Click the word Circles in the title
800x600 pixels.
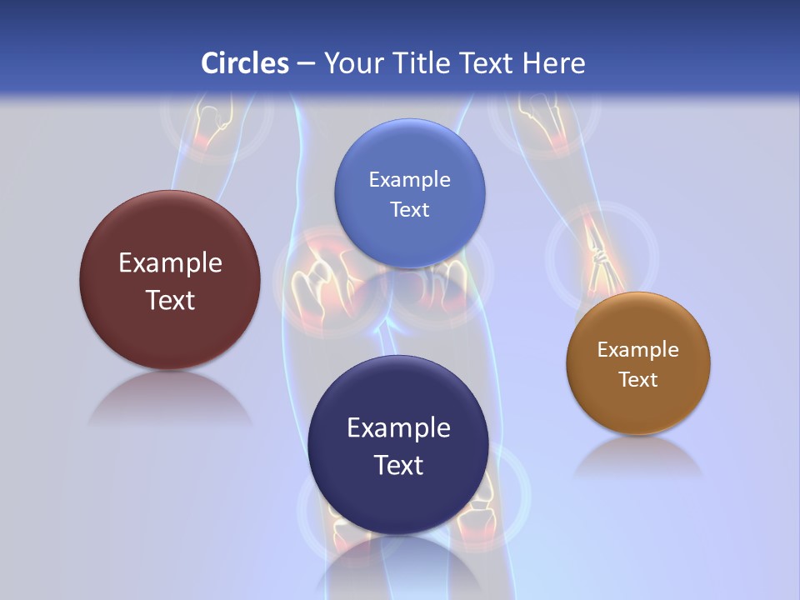coord(244,63)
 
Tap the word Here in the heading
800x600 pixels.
coord(553,63)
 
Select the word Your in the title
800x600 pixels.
coord(352,63)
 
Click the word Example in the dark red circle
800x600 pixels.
coord(170,263)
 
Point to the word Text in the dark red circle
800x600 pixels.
coord(170,301)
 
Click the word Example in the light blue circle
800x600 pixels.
coord(409,180)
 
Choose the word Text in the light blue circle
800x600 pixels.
coord(409,210)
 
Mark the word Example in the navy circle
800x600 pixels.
coord(398,428)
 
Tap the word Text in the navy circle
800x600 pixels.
coord(398,465)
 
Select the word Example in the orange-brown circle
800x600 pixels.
coord(637,350)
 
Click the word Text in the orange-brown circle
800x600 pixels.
coord(637,380)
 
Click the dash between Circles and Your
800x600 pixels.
coord(306,64)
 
